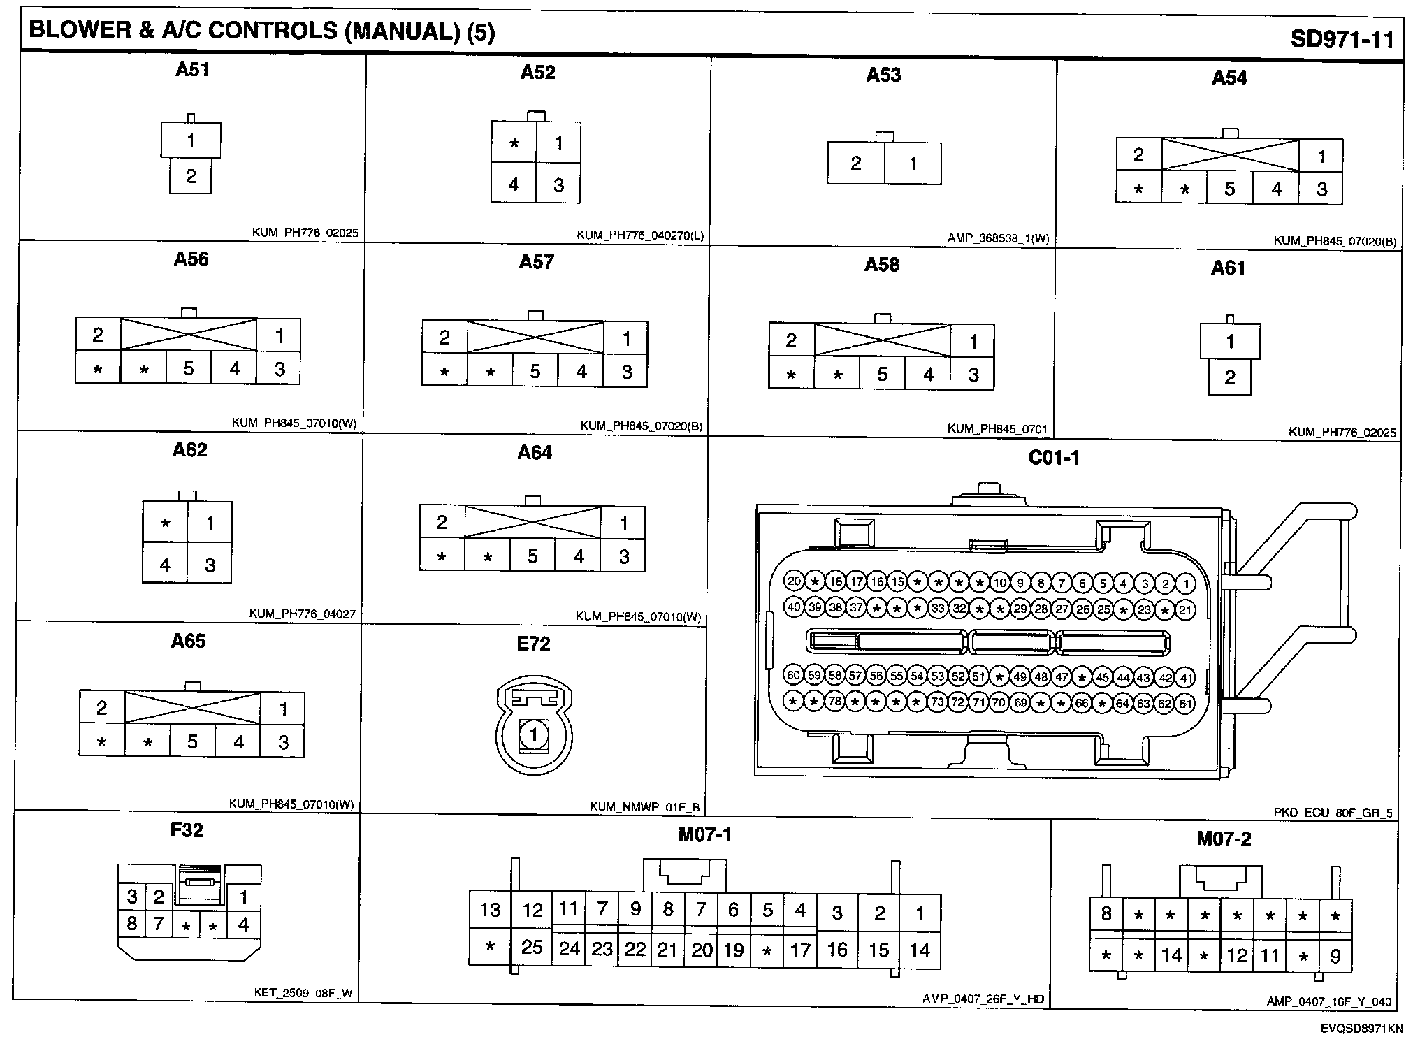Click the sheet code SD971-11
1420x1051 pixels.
1342,38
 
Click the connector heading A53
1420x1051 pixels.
883,75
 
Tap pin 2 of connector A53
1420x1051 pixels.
856,164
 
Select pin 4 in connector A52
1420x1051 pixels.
514,184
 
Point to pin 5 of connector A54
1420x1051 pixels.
1230,189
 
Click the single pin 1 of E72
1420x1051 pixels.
534,735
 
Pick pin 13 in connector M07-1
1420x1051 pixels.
490,909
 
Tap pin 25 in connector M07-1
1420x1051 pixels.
532,947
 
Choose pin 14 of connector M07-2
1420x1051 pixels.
1172,955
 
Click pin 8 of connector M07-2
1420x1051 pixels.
1106,914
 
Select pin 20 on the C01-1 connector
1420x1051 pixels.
794,581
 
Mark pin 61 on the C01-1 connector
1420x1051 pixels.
1185,704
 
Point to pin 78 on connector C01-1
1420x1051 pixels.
834,701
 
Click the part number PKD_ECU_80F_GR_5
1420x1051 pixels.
1333,813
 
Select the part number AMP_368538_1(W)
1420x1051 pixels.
998,238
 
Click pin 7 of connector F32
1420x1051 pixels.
159,924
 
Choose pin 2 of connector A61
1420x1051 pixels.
1230,378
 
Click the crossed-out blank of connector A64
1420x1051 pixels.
532,523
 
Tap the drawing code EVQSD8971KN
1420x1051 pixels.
1361,1029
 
